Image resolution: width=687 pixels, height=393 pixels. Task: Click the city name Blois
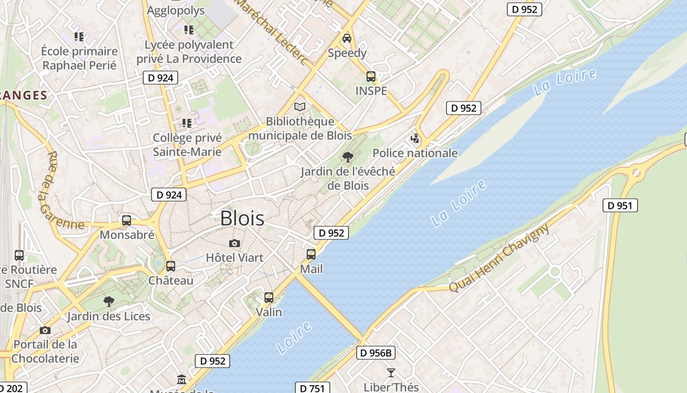(x=242, y=218)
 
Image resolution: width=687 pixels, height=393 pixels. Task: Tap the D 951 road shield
(x=620, y=205)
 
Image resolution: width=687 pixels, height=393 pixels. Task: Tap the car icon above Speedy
(x=347, y=38)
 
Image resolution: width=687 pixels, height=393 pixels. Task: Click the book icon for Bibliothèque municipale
(x=299, y=107)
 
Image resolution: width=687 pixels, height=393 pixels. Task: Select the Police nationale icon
(x=415, y=139)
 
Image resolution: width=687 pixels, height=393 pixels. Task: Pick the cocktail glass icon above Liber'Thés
(x=391, y=373)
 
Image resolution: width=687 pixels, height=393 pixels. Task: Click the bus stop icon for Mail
(x=311, y=254)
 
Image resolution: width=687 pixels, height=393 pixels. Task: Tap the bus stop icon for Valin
(x=269, y=297)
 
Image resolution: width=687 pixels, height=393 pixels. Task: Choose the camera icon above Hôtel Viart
(x=235, y=243)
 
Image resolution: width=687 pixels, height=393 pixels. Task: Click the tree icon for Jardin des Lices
(x=109, y=301)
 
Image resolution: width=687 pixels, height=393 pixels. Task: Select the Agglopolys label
(x=176, y=10)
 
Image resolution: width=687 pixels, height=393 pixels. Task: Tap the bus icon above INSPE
(x=371, y=77)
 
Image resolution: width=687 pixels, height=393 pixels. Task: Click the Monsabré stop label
(x=127, y=235)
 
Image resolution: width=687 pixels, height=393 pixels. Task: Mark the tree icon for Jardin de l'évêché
(x=348, y=157)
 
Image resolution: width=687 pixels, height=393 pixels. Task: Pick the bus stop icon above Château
(x=171, y=266)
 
